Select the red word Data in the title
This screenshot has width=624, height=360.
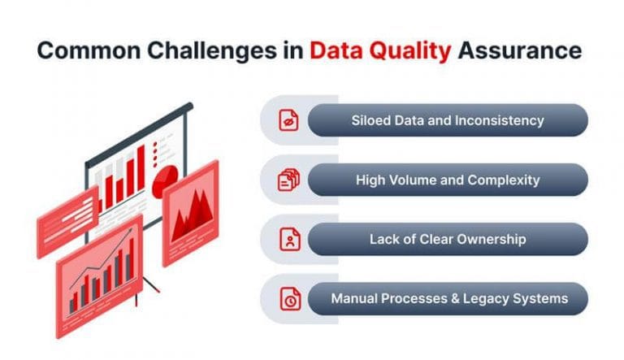[x=340, y=50]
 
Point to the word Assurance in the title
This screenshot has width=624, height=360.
[x=520, y=50]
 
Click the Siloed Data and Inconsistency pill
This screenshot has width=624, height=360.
[x=447, y=120]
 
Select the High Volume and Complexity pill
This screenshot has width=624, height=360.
[x=447, y=180]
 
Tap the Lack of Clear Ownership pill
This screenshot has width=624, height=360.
[x=447, y=239]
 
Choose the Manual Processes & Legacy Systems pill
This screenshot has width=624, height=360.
[x=447, y=298]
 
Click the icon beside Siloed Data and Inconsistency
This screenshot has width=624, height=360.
[x=288, y=120]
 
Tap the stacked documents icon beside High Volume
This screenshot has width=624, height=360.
[x=288, y=180]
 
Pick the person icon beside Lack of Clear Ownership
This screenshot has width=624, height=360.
[x=288, y=240]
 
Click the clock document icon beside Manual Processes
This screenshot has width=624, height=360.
[x=288, y=299]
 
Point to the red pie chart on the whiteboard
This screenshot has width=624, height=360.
[x=166, y=176]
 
